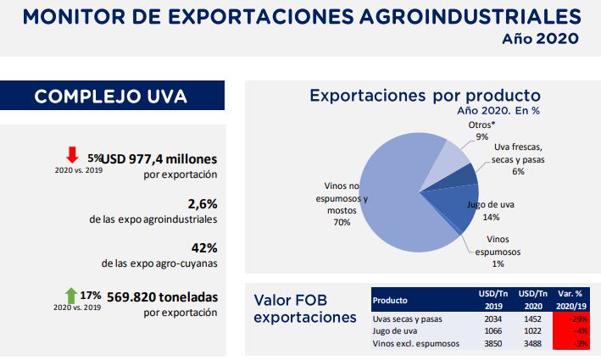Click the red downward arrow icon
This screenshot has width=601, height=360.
click(72, 155)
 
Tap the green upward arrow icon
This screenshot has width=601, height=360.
click(72, 296)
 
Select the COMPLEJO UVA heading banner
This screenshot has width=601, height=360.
click(112, 96)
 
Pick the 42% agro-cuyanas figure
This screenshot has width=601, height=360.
click(204, 249)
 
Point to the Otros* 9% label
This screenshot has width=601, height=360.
click(481, 130)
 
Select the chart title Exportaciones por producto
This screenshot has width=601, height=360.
click(425, 95)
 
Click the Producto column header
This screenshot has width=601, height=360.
click(391, 300)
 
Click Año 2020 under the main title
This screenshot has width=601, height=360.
click(539, 38)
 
